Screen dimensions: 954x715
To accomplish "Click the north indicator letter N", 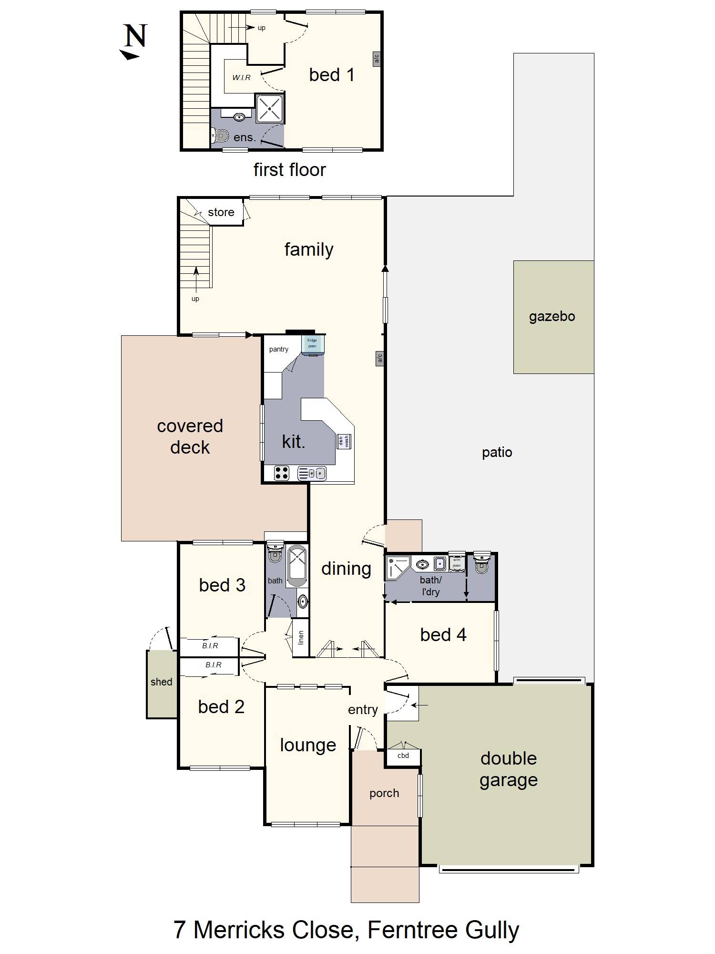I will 135,36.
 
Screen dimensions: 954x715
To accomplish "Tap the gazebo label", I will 552,317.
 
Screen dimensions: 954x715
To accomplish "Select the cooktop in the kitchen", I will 282,473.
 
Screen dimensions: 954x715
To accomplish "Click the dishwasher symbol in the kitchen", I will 344,441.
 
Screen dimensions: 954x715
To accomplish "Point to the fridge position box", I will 312,343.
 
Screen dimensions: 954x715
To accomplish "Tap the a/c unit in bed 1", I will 376,59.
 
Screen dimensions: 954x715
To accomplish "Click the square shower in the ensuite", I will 270,109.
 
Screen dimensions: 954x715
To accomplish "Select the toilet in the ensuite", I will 220,136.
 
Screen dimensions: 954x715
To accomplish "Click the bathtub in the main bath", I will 297,566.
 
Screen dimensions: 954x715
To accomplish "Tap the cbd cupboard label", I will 403,756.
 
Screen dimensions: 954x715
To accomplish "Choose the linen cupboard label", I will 301,637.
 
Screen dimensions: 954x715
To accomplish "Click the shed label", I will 161,682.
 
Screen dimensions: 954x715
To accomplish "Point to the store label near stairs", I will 221,212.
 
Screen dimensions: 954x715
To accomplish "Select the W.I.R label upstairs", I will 241,77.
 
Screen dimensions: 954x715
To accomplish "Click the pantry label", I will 278,349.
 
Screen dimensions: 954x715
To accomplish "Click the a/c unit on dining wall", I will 380,358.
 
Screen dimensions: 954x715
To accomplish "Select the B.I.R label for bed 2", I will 213,664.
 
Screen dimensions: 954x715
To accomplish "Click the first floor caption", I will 289,170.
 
